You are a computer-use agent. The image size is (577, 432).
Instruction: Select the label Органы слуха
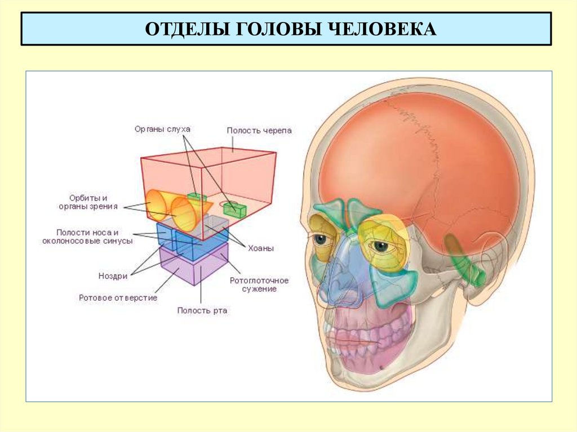point(162,129)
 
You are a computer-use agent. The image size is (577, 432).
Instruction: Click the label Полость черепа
point(259,131)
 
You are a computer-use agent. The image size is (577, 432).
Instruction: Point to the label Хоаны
point(260,248)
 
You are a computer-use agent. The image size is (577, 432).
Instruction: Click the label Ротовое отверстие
point(118,297)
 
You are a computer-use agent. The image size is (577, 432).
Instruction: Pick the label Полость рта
point(202,310)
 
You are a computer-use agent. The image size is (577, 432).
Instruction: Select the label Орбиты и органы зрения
point(88,202)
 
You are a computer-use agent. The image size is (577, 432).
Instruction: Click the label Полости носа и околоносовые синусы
point(88,237)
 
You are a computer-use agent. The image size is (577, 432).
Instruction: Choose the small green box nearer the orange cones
point(197,197)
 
